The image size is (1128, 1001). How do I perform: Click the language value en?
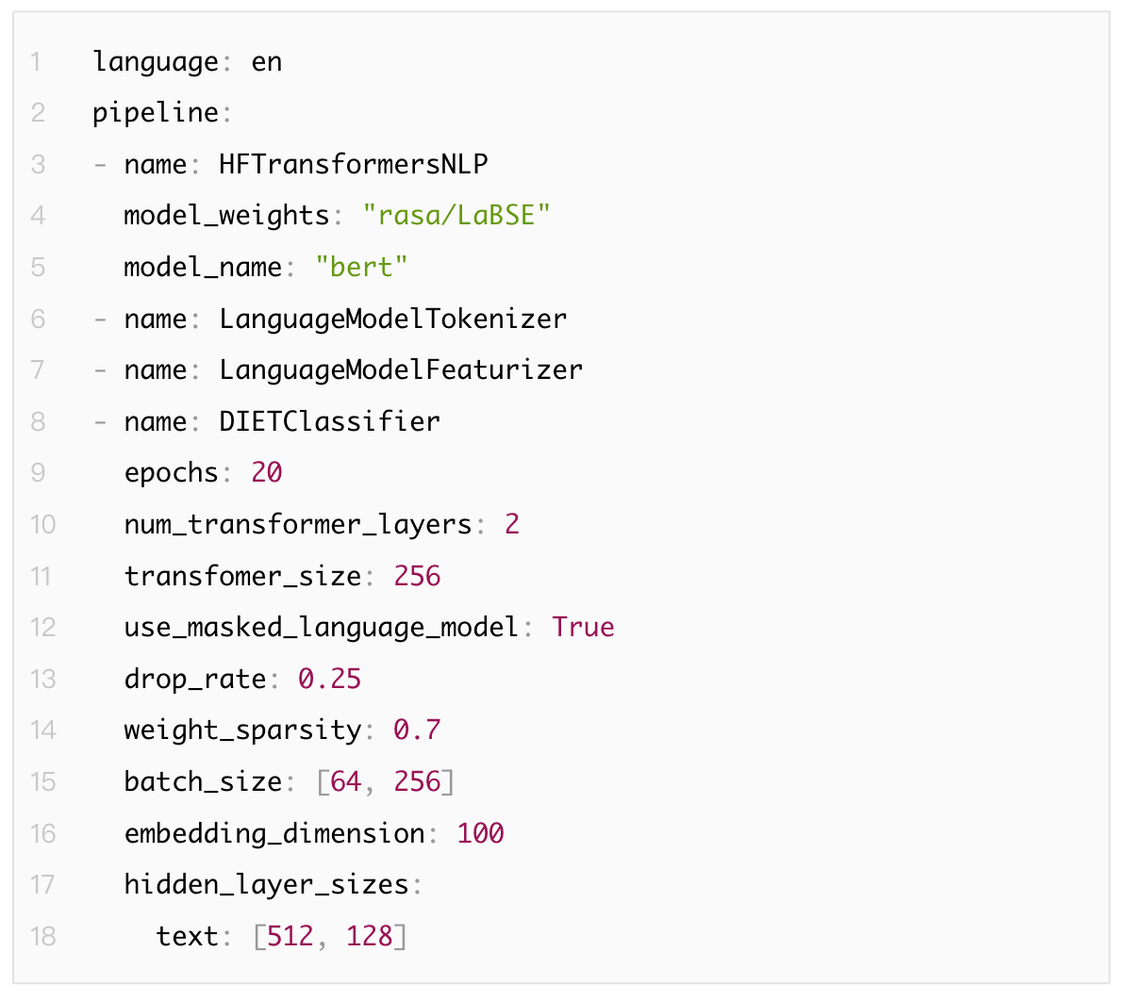(x=266, y=63)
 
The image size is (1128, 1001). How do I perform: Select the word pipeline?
(x=156, y=113)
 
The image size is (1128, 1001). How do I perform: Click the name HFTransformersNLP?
(x=354, y=164)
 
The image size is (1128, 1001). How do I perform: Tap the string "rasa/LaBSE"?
(x=456, y=215)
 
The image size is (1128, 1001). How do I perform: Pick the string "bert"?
(x=362, y=267)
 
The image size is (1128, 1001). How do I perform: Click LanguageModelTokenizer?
(x=392, y=319)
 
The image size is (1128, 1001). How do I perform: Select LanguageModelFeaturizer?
(x=401, y=369)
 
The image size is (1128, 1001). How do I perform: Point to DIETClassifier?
(x=329, y=421)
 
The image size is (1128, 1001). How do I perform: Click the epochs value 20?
(x=266, y=472)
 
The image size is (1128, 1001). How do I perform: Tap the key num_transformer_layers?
(x=298, y=525)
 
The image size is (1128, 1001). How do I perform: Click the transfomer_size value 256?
(x=417, y=576)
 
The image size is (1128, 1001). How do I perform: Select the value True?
(x=583, y=627)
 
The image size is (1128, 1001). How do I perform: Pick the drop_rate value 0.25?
(x=329, y=679)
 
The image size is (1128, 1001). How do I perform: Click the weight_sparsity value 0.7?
(x=417, y=730)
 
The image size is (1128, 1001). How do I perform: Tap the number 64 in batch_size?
(x=345, y=781)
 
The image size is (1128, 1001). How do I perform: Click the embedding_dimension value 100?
(x=481, y=833)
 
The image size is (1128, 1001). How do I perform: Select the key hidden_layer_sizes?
(x=266, y=885)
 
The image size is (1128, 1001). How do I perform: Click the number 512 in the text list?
(x=290, y=936)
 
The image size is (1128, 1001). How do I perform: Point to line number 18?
(x=42, y=936)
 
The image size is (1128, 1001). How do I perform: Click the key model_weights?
(x=226, y=216)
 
